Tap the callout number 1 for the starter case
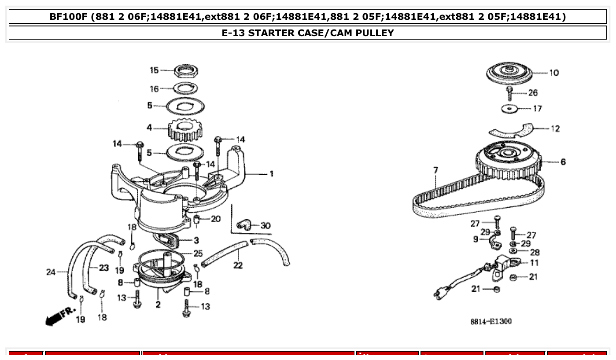(272, 174)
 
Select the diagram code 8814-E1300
(491, 322)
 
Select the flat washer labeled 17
(509, 108)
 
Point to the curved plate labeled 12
(511, 129)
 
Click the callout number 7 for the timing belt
(435, 170)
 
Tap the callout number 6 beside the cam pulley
(563, 162)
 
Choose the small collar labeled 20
(197, 219)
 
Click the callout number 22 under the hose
(238, 265)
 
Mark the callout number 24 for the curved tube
(51, 272)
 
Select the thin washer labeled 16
(185, 88)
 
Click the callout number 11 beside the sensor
(534, 263)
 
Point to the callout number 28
(535, 252)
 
